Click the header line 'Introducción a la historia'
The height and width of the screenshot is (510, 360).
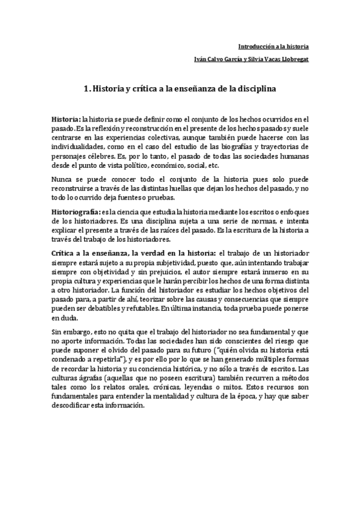[x=273, y=45]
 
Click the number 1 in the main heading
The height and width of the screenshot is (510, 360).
[x=87, y=89]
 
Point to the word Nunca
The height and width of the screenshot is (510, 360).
[x=63, y=179]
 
